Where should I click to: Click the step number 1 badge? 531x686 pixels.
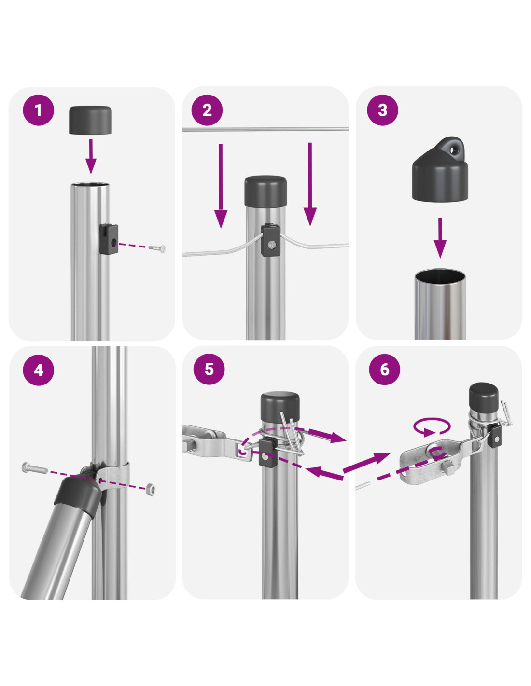pos(39,110)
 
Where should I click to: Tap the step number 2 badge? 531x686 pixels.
pos(207,110)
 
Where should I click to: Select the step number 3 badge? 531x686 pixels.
pos(382,110)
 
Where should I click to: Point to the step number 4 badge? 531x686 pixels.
pos(39,370)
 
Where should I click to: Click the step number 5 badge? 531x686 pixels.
pos(209,369)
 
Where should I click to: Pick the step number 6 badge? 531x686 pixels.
pos(384,369)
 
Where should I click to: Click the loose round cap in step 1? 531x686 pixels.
pos(90,120)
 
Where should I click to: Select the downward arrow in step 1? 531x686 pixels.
pos(91,156)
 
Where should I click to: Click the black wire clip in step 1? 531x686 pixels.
pos(109,239)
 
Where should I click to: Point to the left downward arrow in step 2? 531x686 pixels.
pos(221,186)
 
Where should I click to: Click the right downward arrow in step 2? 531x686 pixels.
pos(310,184)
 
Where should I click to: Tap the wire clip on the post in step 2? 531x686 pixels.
pos(271,241)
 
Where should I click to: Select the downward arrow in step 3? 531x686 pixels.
pos(440,237)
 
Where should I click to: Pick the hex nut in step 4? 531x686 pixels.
pos(150,489)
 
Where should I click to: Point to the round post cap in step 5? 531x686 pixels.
pos(280,406)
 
